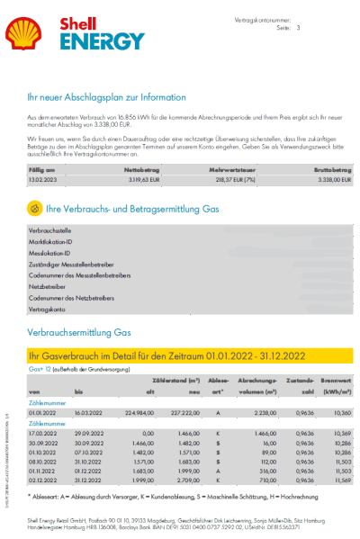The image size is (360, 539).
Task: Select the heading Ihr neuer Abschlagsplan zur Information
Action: (x=107, y=97)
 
